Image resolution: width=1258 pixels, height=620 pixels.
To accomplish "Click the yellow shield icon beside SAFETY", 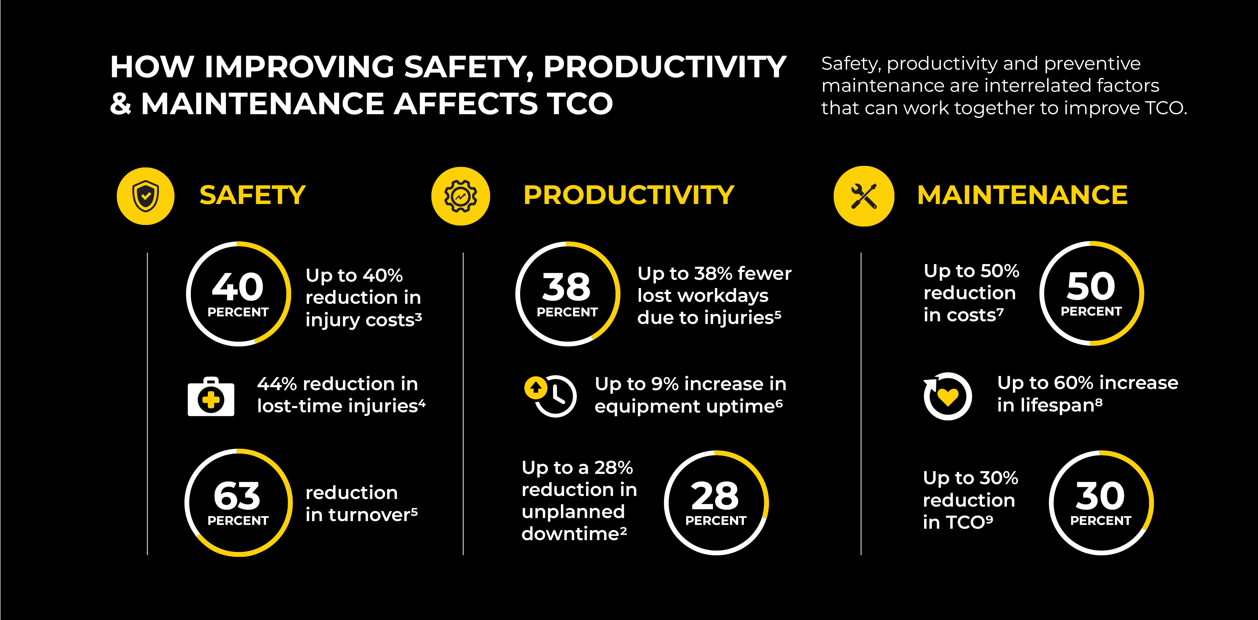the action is coord(146,196).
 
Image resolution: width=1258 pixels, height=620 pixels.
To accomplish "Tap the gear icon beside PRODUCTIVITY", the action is coord(460,196).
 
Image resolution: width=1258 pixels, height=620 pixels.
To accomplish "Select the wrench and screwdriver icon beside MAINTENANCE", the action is coord(864,196).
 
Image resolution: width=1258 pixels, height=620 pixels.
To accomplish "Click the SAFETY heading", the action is coord(253,195).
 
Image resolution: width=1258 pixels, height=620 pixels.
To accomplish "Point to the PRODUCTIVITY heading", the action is coord(628,195).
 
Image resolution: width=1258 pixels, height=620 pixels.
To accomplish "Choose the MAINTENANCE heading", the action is coord(1022,195).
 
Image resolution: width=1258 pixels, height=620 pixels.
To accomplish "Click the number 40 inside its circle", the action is coord(238,287).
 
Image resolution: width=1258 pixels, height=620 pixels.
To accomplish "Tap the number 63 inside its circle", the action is coord(237,496).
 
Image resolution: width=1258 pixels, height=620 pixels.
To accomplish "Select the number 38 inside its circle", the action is coord(566,287).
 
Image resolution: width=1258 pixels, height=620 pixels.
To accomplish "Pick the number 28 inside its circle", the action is coord(715,496).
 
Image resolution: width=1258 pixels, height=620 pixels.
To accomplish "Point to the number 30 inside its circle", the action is coord(1100,496).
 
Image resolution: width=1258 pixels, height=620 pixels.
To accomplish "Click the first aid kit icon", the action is coord(211,397).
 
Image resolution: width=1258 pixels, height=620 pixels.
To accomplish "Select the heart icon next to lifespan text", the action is coord(947,396).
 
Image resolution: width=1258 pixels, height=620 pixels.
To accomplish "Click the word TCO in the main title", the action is coord(580,104).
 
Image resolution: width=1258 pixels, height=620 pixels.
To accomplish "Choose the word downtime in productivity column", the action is coord(574,534).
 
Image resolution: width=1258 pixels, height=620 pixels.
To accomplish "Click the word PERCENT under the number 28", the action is coord(716,521).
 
